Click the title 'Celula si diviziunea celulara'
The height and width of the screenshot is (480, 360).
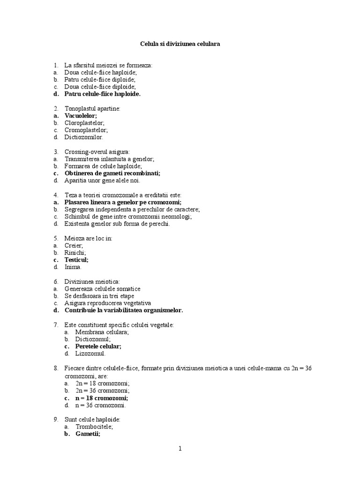click(180, 44)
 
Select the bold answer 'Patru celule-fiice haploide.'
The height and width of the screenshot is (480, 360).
click(102, 94)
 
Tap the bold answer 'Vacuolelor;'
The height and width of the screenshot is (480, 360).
click(81, 115)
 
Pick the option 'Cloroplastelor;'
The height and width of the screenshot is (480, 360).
click(84, 123)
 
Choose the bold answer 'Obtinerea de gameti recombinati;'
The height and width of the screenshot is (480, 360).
click(112, 173)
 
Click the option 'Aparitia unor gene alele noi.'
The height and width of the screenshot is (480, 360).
click(102, 180)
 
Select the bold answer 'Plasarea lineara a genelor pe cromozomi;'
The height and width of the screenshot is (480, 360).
click(123, 202)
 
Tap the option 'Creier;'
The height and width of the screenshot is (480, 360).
click(74, 245)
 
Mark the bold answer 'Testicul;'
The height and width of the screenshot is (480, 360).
click(76, 260)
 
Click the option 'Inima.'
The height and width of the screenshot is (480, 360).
click(73, 267)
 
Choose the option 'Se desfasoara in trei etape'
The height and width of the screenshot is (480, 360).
click(99, 296)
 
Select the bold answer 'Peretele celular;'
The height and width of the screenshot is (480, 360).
click(98, 346)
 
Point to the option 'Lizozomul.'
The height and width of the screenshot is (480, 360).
click(90, 353)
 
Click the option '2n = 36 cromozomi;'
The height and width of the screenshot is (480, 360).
click(103, 390)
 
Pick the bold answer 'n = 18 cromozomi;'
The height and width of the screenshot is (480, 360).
click(102, 397)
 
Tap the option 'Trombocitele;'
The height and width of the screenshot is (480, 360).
click(94, 427)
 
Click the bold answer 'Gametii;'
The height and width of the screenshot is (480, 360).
click(88, 434)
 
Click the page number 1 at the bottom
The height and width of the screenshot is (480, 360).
click(180, 449)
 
